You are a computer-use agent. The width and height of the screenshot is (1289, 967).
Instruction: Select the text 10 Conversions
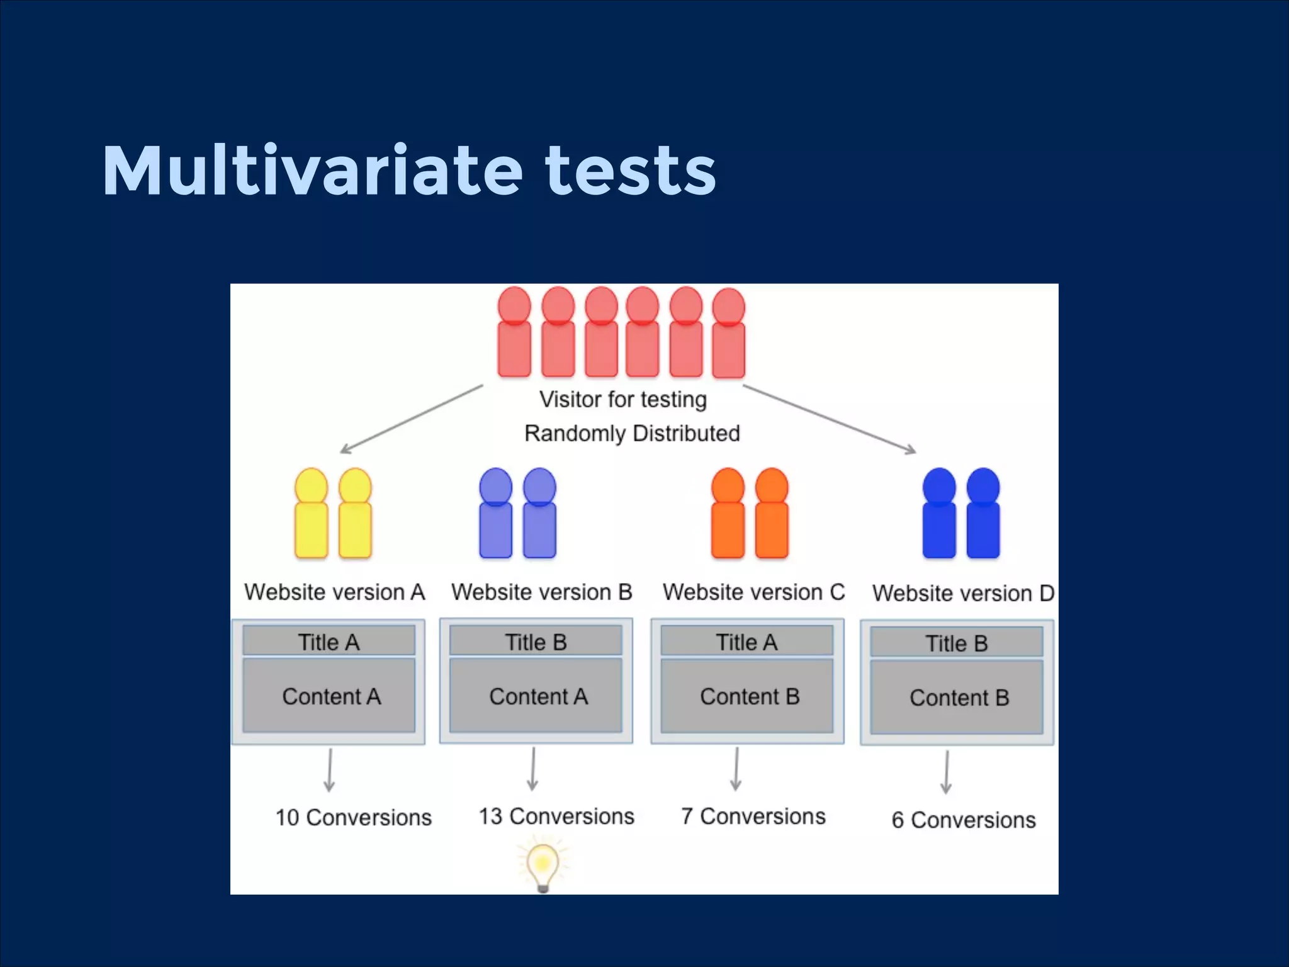353,817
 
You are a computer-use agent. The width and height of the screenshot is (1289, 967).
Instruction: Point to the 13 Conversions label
556,816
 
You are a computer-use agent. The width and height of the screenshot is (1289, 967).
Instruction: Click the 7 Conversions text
753,816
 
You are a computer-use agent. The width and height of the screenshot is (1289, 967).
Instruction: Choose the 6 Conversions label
963,820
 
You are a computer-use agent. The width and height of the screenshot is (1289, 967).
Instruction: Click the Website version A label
334,592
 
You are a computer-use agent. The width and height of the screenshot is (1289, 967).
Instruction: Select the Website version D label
963,593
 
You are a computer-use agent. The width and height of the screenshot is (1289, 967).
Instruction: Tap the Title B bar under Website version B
536,642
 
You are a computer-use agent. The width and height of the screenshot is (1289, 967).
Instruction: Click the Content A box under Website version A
329,696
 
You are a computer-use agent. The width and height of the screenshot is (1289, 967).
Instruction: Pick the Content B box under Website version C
747,696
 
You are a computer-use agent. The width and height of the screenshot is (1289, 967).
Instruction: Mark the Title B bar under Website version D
956,643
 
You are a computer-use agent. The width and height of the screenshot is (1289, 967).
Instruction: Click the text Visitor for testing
622,399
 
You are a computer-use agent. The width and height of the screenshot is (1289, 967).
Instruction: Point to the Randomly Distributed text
631,433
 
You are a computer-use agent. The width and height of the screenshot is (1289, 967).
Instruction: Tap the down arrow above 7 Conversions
736,769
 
